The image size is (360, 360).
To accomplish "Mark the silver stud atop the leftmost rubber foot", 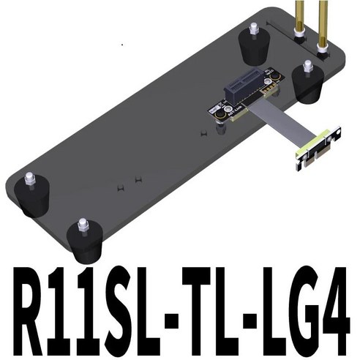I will click(x=30, y=179).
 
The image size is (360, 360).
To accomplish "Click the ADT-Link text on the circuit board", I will click(x=229, y=114).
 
